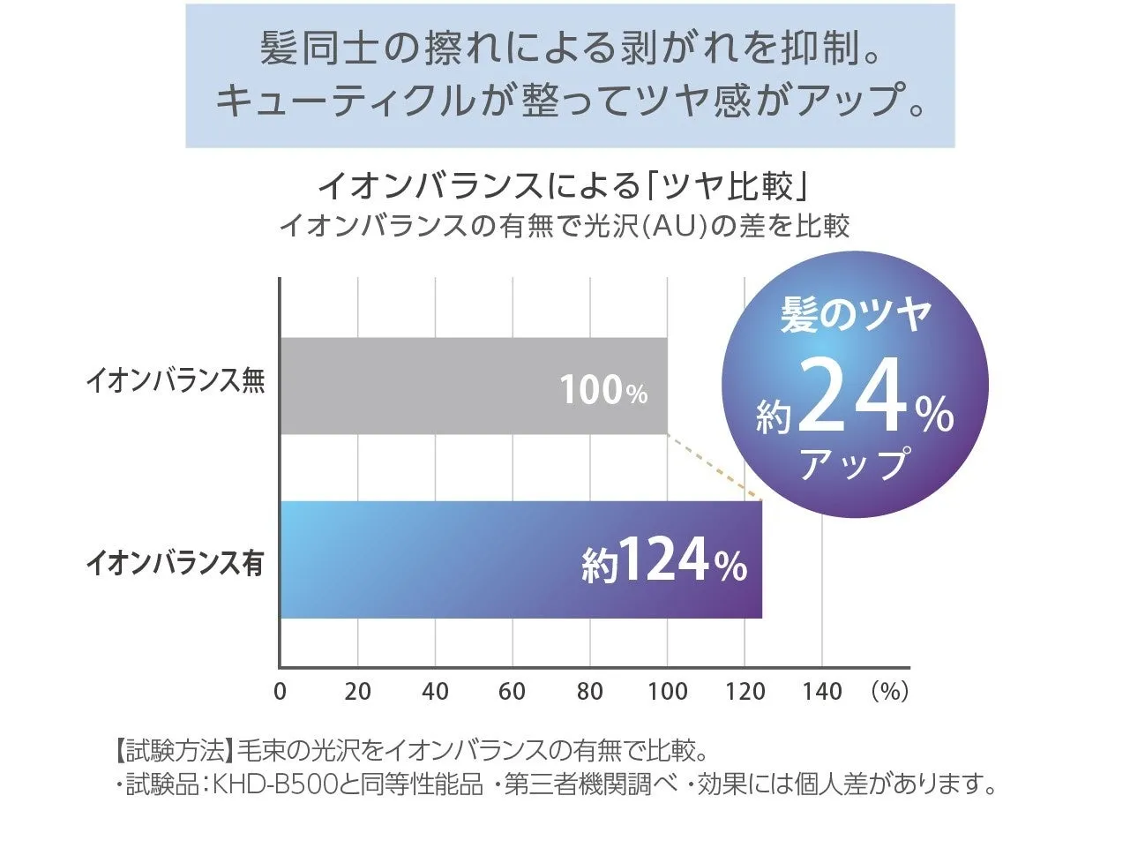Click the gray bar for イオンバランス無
441,386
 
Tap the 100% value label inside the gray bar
603,389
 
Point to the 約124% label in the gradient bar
664,561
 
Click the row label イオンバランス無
175,382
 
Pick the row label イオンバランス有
175,563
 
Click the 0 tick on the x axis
280,691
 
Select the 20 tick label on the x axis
357,691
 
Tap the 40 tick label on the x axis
435,691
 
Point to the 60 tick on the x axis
512,691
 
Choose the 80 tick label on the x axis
589,691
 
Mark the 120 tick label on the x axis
745,691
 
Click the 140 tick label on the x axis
822,691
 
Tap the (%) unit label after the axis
889,691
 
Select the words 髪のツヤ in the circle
856,315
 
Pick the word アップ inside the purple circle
854,463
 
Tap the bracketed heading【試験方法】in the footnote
172,752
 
